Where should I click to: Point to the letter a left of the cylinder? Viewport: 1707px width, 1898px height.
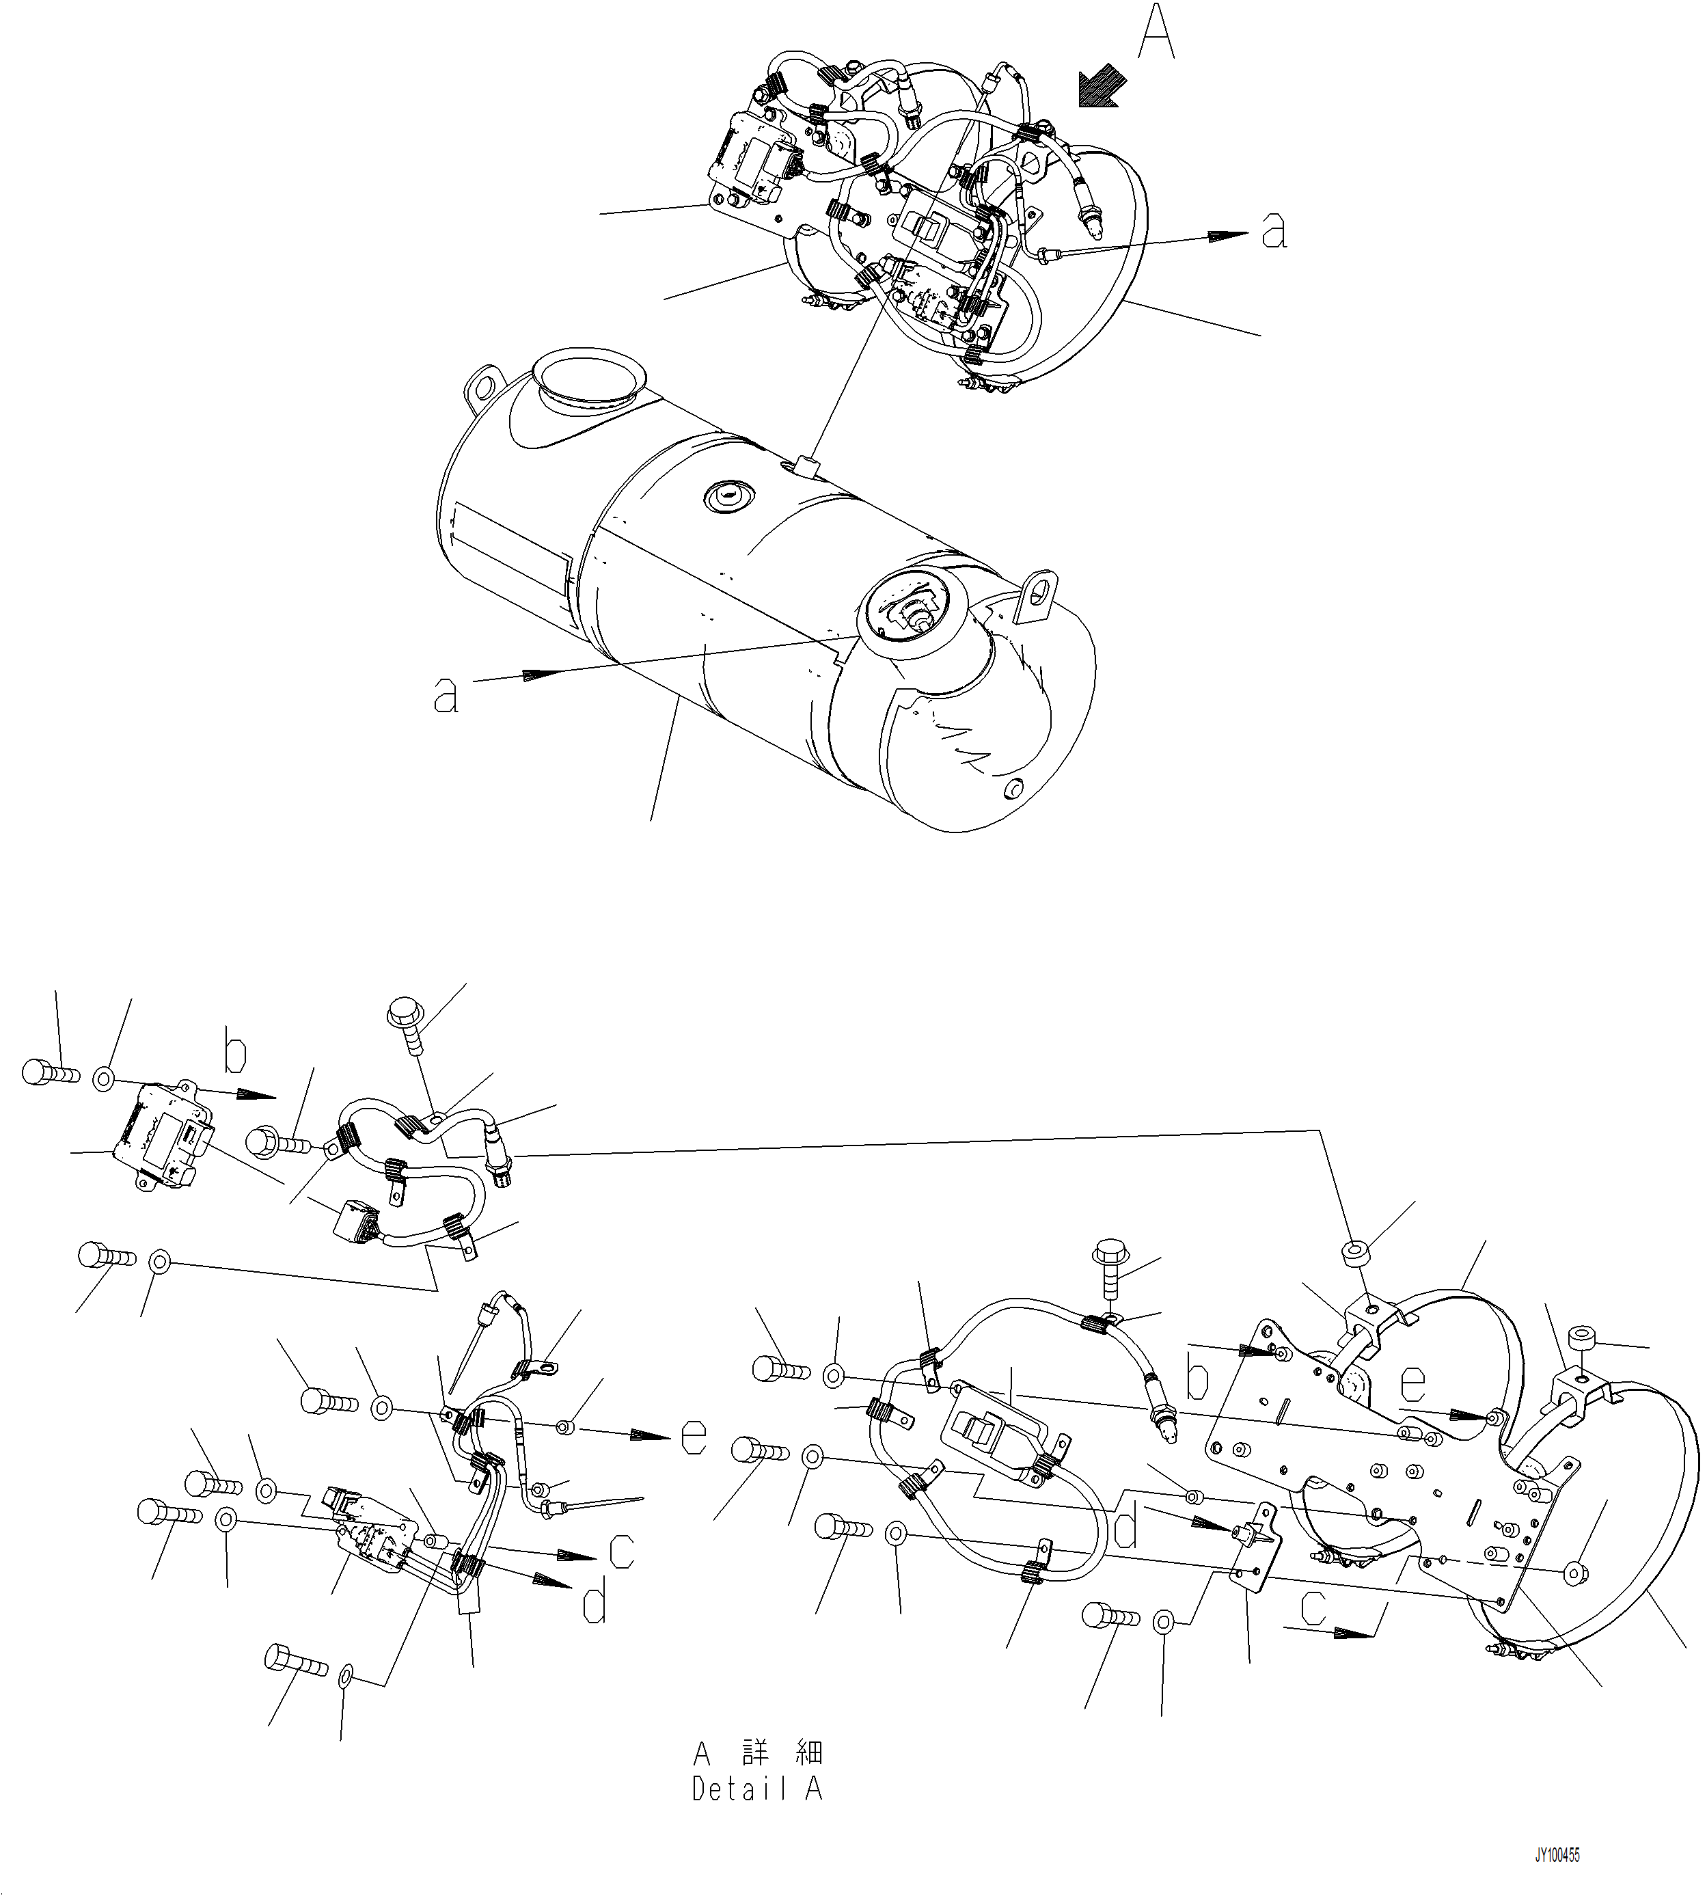pyautogui.click(x=446, y=695)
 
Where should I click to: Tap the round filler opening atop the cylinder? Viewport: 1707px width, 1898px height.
pyautogui.click(x=588, y=379)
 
